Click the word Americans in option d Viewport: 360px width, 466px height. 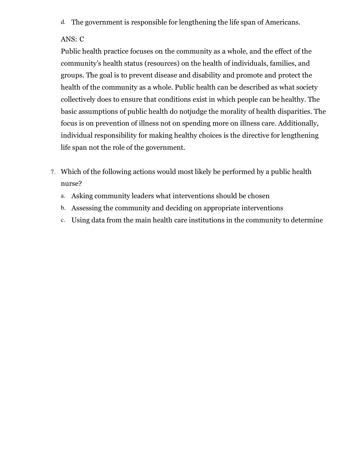point(282,22)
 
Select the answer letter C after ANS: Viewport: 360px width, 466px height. point(82,39)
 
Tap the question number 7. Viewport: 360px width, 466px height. point(53,172)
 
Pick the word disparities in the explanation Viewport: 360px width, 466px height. point(293,112)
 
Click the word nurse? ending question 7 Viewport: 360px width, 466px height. point(71,184)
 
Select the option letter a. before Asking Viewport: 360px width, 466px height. point(63,196)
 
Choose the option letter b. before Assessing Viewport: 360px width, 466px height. point(63,208)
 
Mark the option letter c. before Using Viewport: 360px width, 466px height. point(63,220)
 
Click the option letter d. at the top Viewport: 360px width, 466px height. point(63,22)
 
